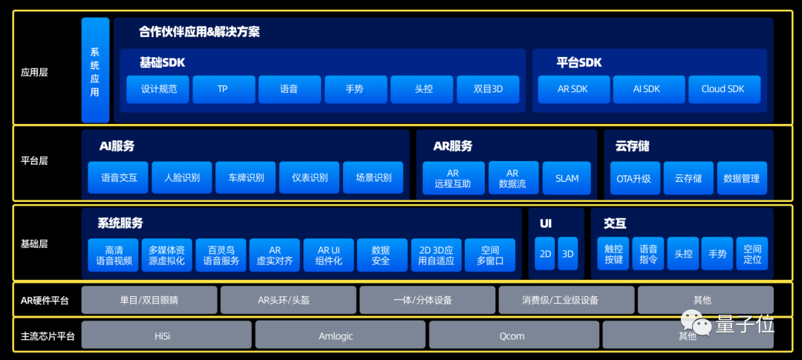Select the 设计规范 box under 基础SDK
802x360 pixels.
tap(158, 89)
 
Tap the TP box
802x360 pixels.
tap(223, 89)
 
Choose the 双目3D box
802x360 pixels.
tap(488, 89)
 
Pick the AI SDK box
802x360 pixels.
tap(647, 89)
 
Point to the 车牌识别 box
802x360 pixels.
tap(245, 178)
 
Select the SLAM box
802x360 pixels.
tap(567, 178)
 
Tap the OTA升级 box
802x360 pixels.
tap(633, 178)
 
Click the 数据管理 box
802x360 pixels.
tap(741, 178)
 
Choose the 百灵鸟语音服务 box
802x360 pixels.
tap(221, 255)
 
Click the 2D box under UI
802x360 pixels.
tap(546, 254)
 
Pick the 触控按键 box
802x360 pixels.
tap(614, 254)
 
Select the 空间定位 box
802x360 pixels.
tap(752, 254)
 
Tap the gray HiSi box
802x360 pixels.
tap(163, 336)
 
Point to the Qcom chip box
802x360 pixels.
tap(512, 336)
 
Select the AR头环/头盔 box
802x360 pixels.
tap(288, 300)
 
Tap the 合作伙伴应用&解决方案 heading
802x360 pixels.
tap(199, 33)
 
